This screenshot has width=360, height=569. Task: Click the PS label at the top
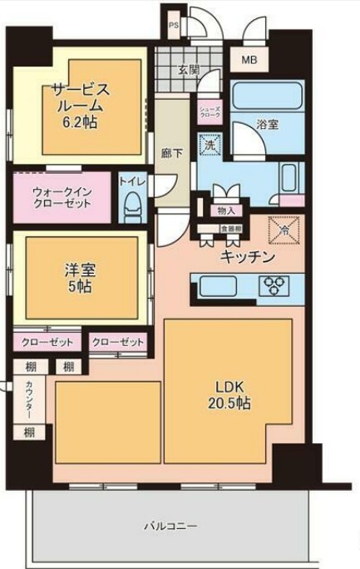(x=173, y=26)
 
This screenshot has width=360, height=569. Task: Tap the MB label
(x=249, y=61)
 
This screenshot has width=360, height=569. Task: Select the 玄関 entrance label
(x=188, y=71)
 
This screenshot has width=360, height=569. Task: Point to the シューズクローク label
(x=207, y=112)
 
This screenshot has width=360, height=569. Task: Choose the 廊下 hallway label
(x=172, y=154)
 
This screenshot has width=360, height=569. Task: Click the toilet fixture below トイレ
(x=131, y=206)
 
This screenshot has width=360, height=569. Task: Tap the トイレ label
(x=130, y=181)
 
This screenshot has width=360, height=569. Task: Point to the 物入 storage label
(x=225, y=211)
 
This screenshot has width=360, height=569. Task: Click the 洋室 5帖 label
(x=80, y=278)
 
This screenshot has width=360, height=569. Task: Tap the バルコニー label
(x=170, y=527)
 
